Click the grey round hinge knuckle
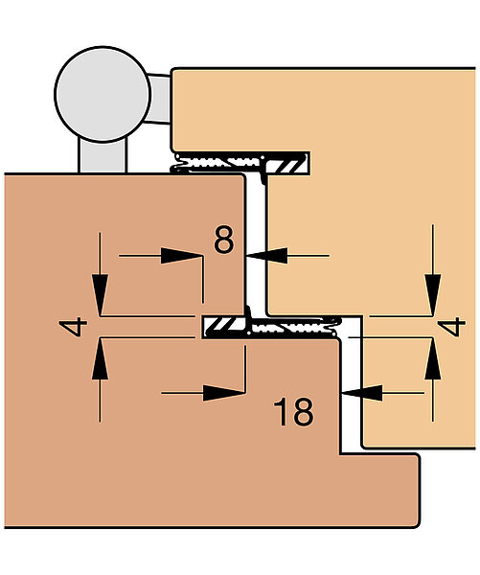[x=103, y=94]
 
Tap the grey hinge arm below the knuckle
[x=103, y=155]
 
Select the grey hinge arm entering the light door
[x=159, y=99]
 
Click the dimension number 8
[x=223, y=240]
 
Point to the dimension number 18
[x=293, y=412]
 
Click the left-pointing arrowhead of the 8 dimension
[x=266, y=256]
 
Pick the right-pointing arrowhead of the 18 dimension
[x=224, y=393]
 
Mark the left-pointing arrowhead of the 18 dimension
[x=361, y=393]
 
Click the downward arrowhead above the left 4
[x=100, y=294]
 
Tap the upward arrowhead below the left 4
[x=100, y=359]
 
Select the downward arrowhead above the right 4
[x=433, y=294]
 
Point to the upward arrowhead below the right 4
[x=433, y=359]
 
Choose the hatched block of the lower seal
[x=224, y=327]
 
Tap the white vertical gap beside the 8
[x=257, y=243]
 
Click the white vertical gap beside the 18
[x=352, y=385]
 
